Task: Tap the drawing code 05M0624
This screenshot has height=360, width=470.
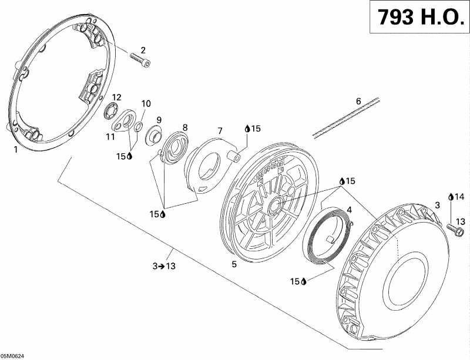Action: click(x=13, y=355)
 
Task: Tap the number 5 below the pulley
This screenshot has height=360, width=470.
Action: click(x=234, y=264)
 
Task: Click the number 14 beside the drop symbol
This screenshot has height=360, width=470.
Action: click(x=459, y=197)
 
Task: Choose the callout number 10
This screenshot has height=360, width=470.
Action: click(x=145, y=103)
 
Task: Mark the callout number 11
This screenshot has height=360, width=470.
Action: click(x=110, y=137)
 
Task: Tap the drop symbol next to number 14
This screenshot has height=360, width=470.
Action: click(x=451, y=197)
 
